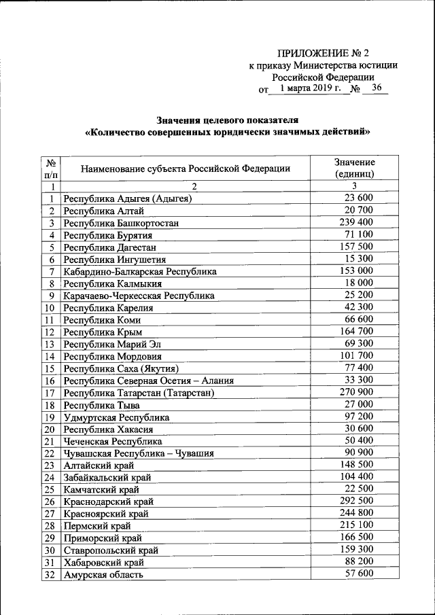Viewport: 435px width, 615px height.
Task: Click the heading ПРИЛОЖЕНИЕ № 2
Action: click(326, 52)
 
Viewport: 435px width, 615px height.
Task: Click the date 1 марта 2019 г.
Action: click(309, 88)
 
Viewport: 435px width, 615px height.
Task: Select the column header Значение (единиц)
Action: click(354, 169)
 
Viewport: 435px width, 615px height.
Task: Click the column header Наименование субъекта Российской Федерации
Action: click(186, 169)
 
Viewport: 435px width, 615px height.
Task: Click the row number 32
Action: click(49, 576)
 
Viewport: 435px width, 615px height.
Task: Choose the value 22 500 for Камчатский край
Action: click(360, 490)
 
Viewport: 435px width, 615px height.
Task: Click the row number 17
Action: click(49, 393)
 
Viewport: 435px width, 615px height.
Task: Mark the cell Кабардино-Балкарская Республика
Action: click(140, 272)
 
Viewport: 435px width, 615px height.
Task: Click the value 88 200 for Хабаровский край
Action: click(360, 563)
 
